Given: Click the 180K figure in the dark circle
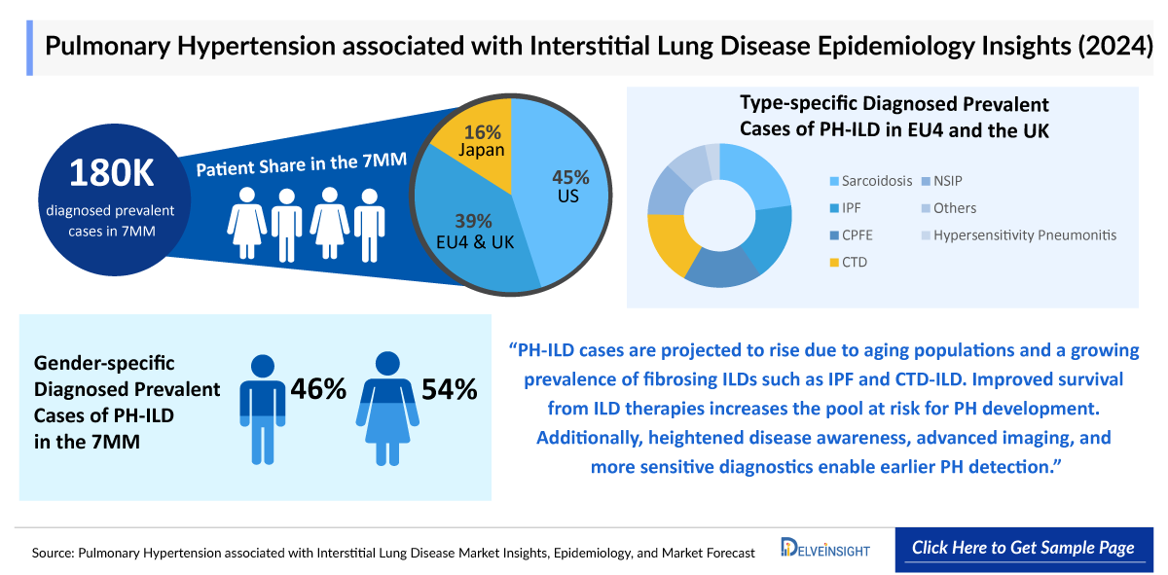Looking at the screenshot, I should tap(112, 172).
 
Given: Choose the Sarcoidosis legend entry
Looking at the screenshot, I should tap(871, 181).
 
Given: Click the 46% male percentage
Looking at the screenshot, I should tap(318, 389).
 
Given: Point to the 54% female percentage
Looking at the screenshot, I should tap(449, 389).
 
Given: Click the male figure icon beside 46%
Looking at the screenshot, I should tap(263, 409).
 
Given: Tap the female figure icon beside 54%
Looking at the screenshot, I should tap(386, 409).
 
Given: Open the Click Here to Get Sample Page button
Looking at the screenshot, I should tap(1023, 548).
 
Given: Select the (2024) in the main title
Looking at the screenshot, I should tap(1109, 47).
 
